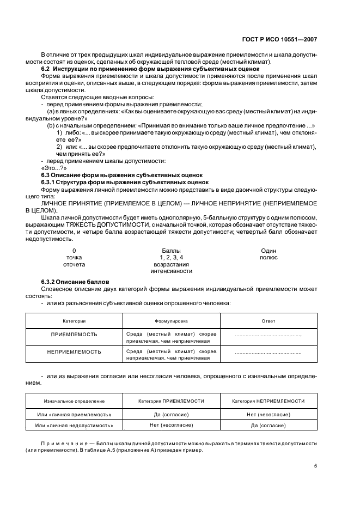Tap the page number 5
click(315, 465)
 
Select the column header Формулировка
click(171, 321)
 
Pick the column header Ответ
click(269, 321)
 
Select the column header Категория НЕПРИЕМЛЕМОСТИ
click(269, 401)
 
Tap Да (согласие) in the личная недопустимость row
click(269, 425)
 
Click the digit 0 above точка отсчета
click(74, 251)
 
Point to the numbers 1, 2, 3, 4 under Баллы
click(171, 257)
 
